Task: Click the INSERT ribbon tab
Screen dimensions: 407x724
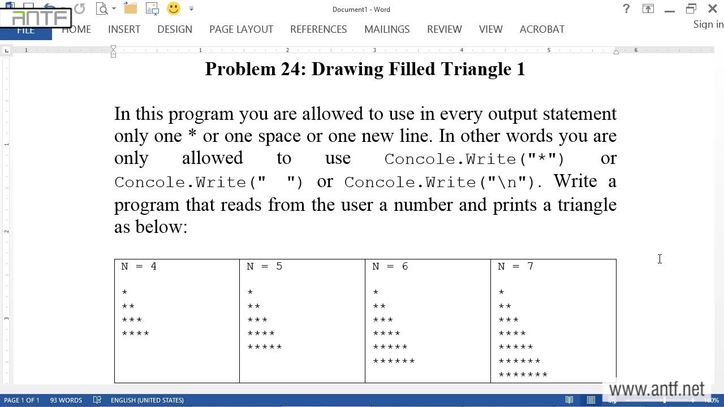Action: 124,29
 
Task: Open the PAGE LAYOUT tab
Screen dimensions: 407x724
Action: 241,29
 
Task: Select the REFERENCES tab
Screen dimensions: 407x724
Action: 318,29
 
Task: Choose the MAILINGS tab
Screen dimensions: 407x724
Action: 387,29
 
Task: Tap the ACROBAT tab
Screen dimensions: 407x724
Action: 542,29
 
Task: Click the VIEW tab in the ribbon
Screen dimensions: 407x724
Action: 490,29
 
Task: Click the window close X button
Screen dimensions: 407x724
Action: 713,9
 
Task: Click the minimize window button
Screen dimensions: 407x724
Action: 670,9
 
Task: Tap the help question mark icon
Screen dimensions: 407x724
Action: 626,9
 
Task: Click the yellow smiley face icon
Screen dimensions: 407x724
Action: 174,8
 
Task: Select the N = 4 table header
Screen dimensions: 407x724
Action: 139,266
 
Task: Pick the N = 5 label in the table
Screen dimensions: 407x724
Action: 264,266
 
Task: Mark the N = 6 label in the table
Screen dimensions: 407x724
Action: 390,266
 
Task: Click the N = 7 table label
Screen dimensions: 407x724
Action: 515,266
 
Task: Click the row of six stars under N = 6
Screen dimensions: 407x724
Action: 394,361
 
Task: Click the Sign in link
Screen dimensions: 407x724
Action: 708,24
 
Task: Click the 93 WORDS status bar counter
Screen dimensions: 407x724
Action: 66,400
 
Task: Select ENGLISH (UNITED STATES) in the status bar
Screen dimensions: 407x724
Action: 147,400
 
